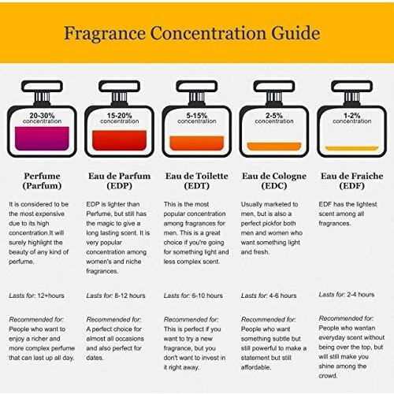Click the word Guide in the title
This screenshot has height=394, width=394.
point(295,34)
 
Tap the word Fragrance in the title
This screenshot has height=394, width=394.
point(105,34)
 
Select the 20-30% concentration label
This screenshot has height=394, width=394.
point(42,115)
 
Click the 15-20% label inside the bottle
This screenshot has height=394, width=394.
point(119,115)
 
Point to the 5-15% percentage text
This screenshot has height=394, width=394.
point(197,115)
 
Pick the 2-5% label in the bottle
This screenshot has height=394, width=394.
point(274,115)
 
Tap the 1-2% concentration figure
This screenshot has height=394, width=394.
point(351,115)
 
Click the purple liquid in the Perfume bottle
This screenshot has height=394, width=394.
point(42,139)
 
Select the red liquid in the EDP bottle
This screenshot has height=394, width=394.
point(119,140)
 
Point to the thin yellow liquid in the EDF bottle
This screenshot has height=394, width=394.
point(351,148)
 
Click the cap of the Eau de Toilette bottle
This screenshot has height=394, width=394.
point(197,86)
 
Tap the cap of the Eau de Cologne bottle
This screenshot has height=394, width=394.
point(274,86)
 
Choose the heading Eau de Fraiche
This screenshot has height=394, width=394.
point(351,176)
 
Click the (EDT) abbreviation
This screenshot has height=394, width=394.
point(197,186)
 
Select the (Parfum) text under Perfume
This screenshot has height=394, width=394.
point(42,186)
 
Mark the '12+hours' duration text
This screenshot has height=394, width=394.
point(50,295)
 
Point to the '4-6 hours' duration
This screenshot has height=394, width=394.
point(283,295)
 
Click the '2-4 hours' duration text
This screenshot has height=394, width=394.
point(360,295)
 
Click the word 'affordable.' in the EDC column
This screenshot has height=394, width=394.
point(255,367)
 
